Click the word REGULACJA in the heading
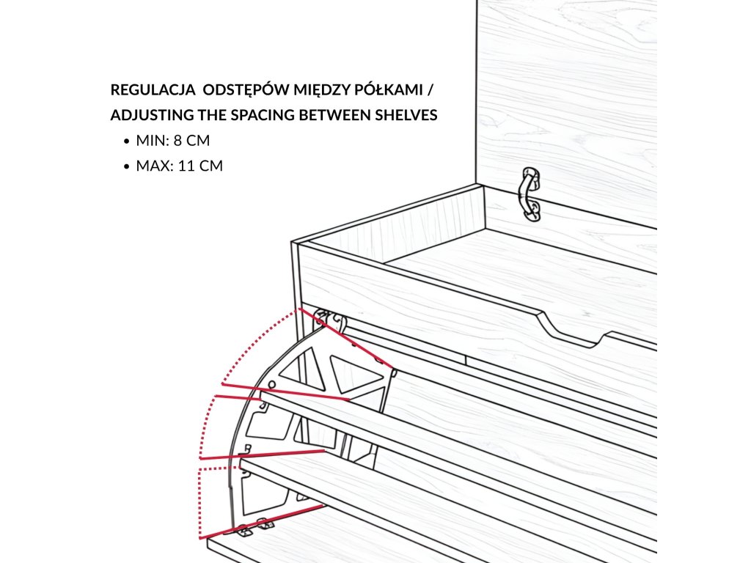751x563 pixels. [x=152, y=90]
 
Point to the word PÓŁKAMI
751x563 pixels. [x=389, y=90]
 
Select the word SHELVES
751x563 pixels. [x=407, y=115]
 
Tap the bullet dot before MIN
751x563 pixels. [x=128, y=141]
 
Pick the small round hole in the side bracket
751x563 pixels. [x=272, y=384]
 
